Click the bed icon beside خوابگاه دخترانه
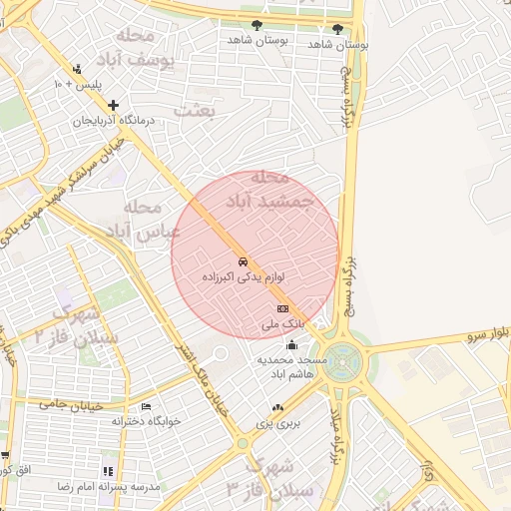147,407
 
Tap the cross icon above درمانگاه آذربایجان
113,105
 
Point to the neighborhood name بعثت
195,111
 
